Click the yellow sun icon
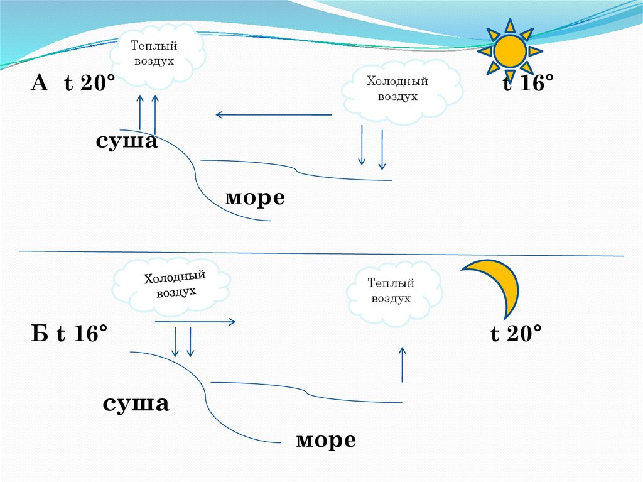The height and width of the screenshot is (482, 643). pos(510,51)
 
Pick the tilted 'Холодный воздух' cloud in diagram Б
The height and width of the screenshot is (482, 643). pos(170,286)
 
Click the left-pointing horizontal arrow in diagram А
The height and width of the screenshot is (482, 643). pos(273,114)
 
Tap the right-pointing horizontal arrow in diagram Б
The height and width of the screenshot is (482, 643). pos(195,322)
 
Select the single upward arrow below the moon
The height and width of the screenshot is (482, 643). pos(403,364)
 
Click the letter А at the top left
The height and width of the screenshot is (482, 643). pos(40,82)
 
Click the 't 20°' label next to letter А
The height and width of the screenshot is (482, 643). pos(89,84)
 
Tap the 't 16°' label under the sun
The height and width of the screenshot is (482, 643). pos(528,83)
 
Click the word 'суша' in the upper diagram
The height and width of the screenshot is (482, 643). pos(126,140)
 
